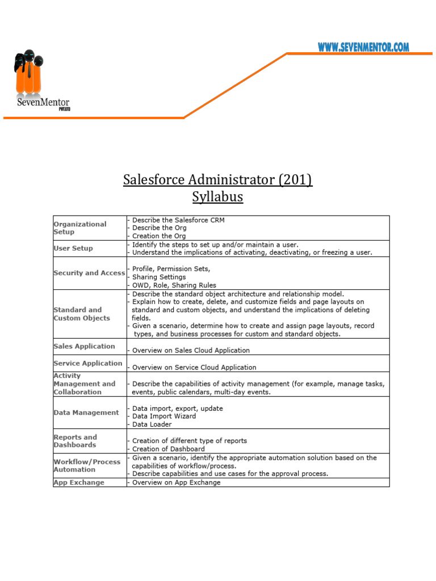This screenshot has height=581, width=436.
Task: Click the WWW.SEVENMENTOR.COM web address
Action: click(x=363, y=48)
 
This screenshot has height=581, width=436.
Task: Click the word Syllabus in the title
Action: click(x=217, y=197)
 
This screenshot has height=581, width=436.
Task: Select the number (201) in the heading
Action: click(x=295, y=180)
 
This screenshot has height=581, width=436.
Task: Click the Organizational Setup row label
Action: click(x=80, y=228)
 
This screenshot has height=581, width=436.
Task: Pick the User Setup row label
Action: click(x=73, y=249)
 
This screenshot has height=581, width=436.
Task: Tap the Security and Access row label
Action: click(x=89, y=273)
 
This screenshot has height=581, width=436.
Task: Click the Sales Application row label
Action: click(x=84, y=346)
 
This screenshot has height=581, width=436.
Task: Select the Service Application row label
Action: click(x=87, y=363)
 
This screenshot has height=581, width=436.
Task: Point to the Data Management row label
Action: click(x=86, y=412)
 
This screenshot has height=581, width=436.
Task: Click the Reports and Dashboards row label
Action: click(x=75, y=441)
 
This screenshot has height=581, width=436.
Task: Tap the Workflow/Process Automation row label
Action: click(x=87, y=466)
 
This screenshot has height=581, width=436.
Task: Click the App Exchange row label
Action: click(x=79, y=482)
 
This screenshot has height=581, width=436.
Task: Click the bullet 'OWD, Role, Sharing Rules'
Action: click(x=174, y=285)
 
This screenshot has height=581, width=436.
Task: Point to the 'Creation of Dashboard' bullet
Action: click(x=169, y=449)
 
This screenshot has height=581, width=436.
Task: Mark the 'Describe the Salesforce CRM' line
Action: click(x=178, y=220)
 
